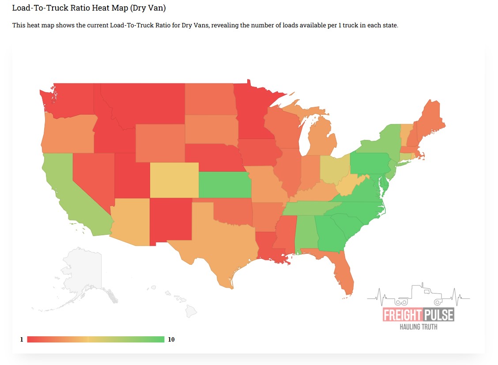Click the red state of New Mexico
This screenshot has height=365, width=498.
(170, 221)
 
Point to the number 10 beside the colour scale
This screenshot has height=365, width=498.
(171, 339)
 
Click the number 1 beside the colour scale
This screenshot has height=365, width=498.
(21, 339)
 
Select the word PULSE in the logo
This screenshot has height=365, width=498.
(439, 315)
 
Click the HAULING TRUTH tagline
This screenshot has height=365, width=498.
(419, 327)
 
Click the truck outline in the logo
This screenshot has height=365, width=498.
(419, 295)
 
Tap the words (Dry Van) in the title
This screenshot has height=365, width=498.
(146, 8)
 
